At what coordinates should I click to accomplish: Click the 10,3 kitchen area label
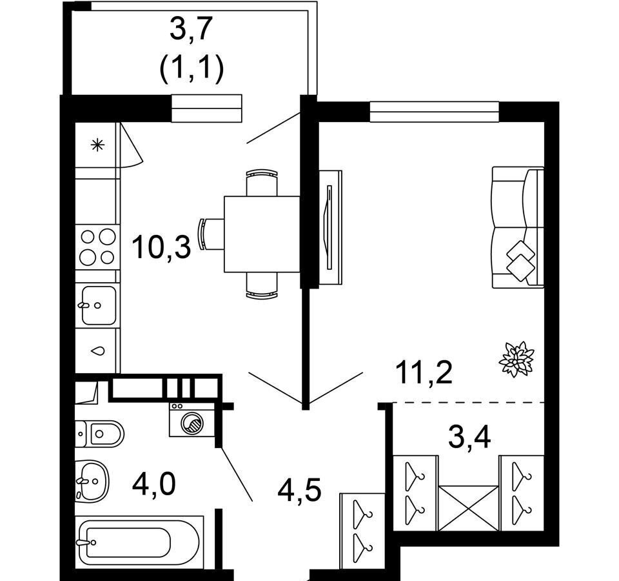click(x=161, y=247)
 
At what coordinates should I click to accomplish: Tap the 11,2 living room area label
click(x=425, y=372)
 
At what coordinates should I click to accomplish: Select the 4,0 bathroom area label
click(x=154, y=485)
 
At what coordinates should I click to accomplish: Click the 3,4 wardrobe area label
click(x=469, y=437)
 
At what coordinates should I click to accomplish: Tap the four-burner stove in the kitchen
click(x=97, y=247)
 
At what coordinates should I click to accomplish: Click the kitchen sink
click(x=98, y=305)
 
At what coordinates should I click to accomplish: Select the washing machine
click(x=192, y=420)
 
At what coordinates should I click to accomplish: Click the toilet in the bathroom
click(x=99, y=434)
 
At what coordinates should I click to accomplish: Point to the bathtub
click(x=139, y=542)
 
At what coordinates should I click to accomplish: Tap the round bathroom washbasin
click(x=92, y=480)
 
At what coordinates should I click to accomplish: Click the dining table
click(x=262, y=234)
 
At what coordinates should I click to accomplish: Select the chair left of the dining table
click(x=211, y=234)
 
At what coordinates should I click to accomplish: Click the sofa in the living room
click(x=518, y=227)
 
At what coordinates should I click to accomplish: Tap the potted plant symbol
click(x=516, y=359)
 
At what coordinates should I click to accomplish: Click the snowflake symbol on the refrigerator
click(x=97, y=145)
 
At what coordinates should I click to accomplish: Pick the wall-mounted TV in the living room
click(x=330, y=227)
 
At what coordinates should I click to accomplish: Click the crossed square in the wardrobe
click(x=469, y=508)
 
